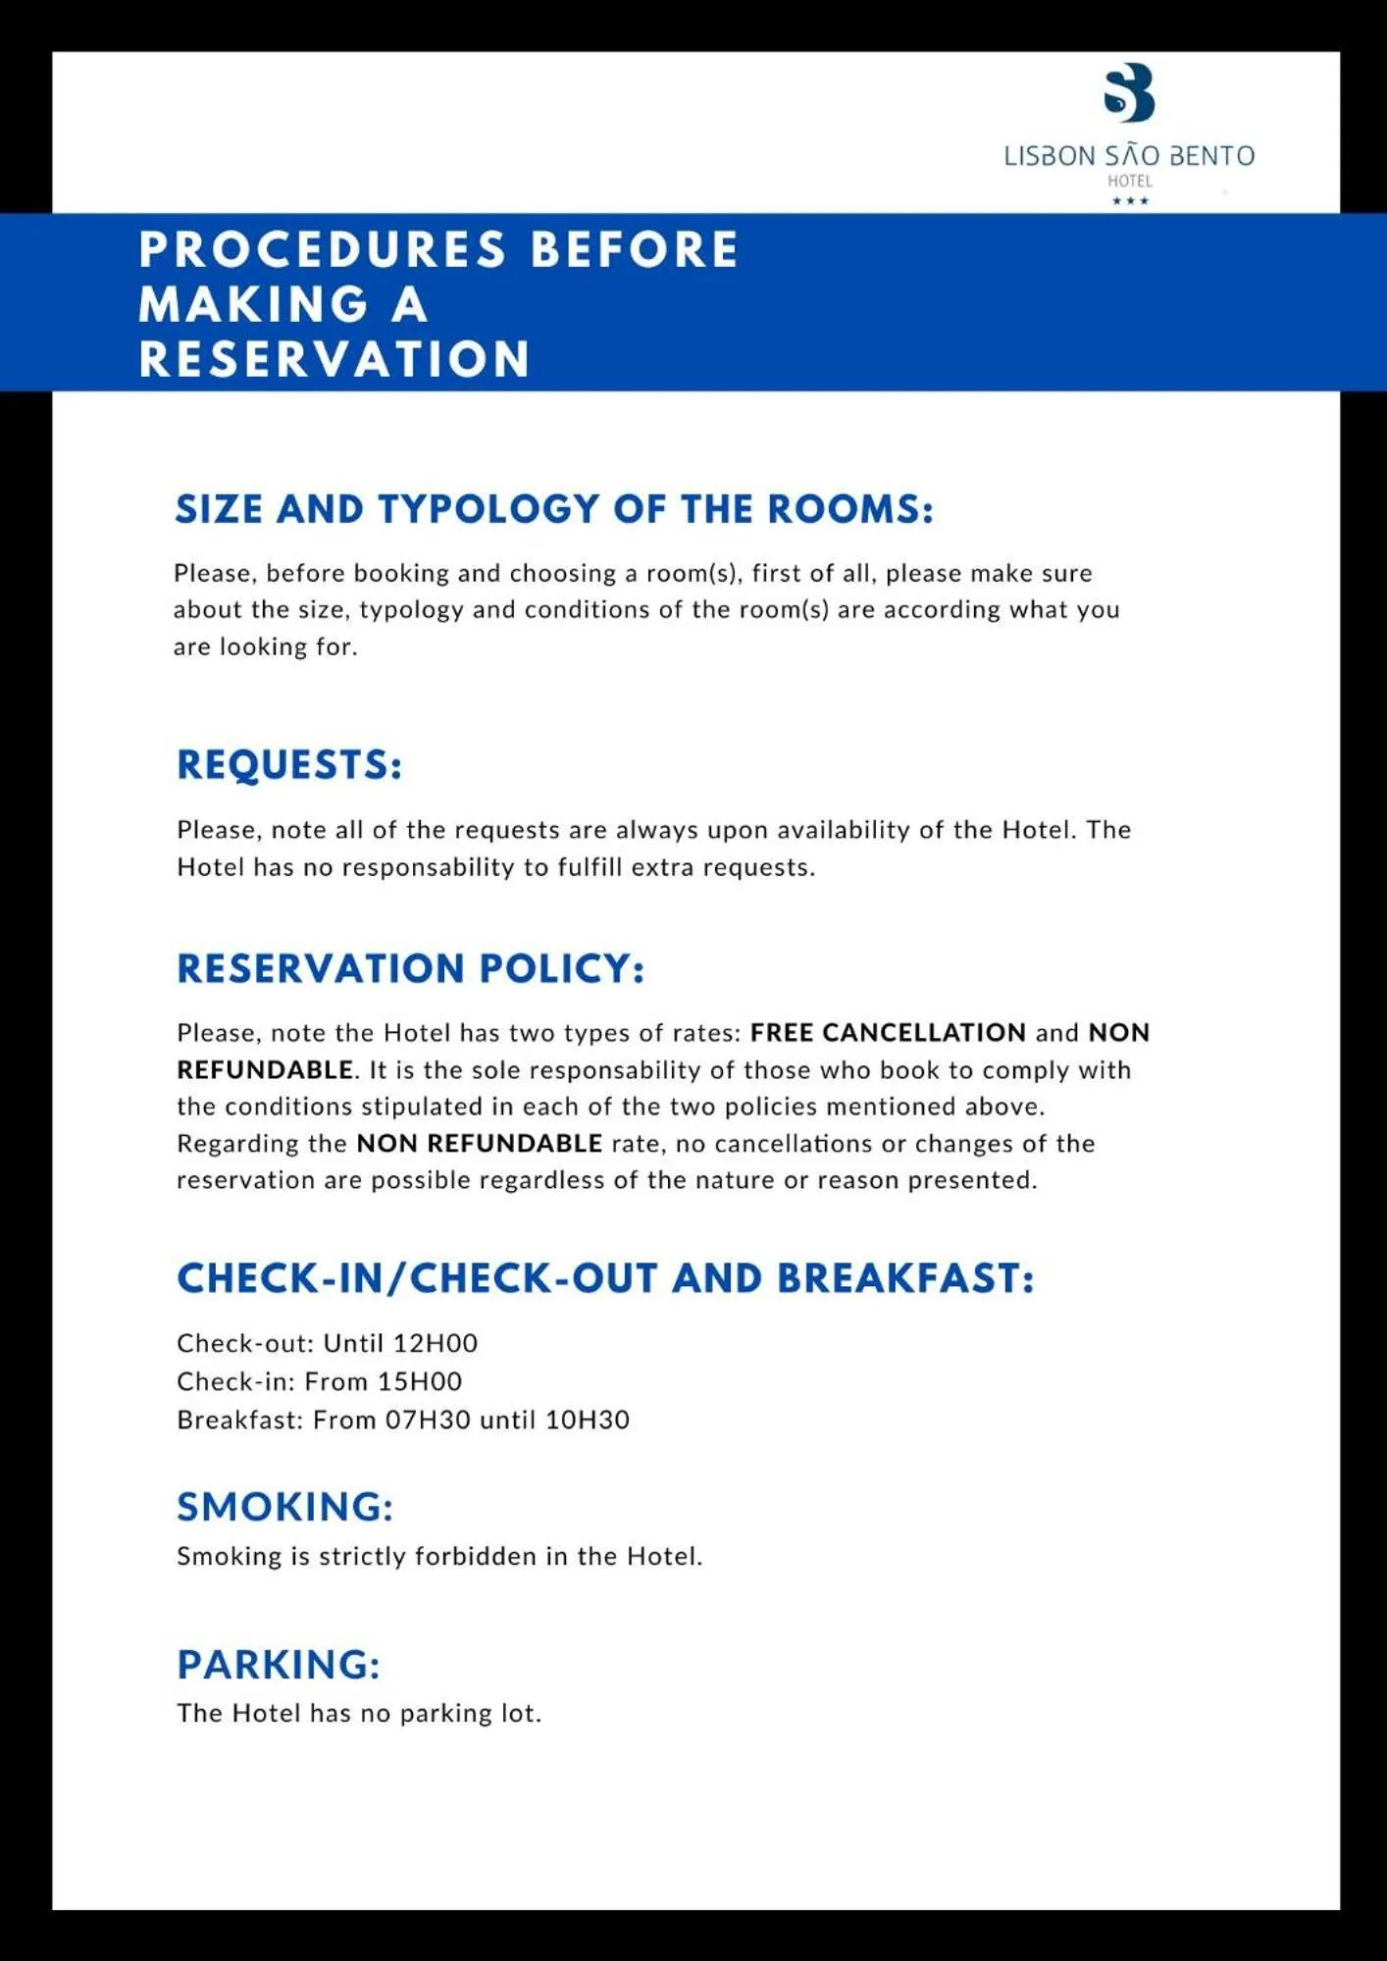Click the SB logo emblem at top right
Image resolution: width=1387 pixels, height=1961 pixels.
[1129, 93]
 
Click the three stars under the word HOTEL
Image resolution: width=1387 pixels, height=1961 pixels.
[1130, 201]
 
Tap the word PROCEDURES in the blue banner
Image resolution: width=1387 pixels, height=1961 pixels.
[323, 249]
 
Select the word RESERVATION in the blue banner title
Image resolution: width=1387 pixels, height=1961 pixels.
[334, 359]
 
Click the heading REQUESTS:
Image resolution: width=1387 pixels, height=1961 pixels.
[289, 765]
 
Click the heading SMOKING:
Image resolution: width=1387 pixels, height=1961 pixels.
[284, 1507]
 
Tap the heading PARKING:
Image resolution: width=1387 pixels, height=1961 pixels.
[279, 1665]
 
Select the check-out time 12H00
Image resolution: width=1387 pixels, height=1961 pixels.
[436, 1343]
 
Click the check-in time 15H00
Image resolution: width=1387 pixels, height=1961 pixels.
[420, 1381]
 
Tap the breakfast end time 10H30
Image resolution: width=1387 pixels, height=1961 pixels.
[587, 1419]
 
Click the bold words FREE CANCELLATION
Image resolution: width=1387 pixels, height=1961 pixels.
[888, 1032]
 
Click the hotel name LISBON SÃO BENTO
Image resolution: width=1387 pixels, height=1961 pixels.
[1129, 156]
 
